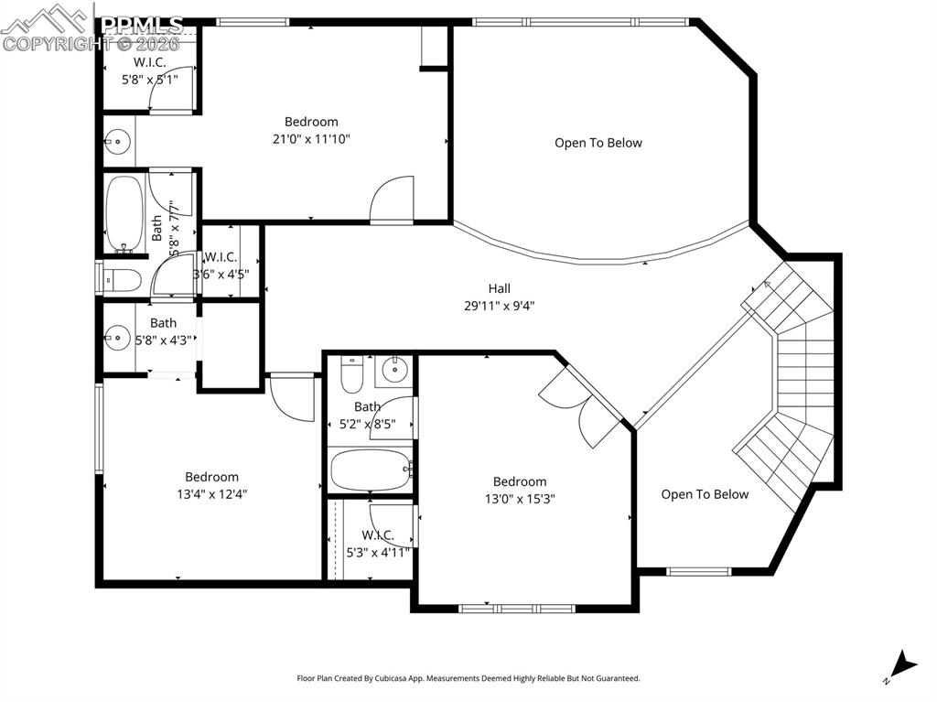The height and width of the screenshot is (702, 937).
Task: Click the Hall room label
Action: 499,288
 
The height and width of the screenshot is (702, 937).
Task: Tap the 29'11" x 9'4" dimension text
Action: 499,307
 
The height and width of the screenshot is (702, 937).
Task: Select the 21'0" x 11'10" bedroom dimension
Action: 311,139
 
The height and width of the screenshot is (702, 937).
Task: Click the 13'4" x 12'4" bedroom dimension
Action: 212,494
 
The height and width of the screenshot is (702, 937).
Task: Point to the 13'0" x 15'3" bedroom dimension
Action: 520,499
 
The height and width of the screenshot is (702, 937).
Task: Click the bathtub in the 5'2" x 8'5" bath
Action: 371,470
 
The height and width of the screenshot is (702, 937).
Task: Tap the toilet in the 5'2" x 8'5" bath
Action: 351,374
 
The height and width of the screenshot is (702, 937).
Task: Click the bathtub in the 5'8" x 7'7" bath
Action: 123,212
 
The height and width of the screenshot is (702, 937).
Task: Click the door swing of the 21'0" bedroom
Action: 392,200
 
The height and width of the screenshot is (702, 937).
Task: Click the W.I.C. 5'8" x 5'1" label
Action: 150,70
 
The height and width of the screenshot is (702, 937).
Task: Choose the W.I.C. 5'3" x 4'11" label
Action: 378,544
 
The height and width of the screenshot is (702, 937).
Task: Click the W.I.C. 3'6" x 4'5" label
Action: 221,265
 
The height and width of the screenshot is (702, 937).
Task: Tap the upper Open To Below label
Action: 598,143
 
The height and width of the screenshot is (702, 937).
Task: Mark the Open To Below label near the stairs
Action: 705,494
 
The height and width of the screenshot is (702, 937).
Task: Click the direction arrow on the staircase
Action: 769,287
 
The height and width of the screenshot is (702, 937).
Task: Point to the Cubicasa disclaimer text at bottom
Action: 468,678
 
